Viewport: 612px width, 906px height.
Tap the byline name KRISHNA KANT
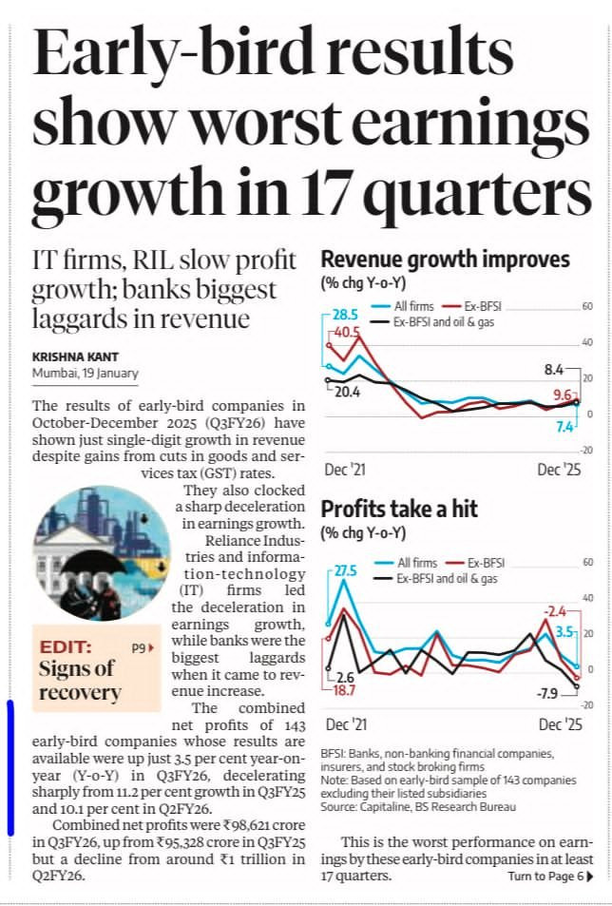(x=75, y=357)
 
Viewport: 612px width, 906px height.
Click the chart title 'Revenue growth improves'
(x=445, y=260)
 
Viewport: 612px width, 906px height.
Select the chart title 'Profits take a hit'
(x=399, y=509)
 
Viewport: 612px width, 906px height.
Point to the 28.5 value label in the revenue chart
(x=345, y=315)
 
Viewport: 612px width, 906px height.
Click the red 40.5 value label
(x=347, y=332)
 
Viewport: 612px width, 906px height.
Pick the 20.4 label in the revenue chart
(x=348, y=392)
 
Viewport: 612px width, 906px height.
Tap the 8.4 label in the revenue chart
(x=554, y=369)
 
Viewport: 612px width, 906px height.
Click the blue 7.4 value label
(x=564, y=427)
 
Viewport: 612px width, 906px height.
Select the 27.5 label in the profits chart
(x=346, y=570)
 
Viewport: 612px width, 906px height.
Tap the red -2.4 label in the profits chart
(x=554, y=610)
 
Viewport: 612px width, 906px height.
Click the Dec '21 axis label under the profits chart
(x=346, y=724)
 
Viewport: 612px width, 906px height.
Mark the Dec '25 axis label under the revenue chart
(x=559, y=470)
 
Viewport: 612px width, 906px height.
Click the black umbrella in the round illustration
(x=92, y=562)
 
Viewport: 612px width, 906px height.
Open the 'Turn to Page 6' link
(x=550, y=876)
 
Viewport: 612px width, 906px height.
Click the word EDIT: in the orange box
(x=66, y=646)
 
